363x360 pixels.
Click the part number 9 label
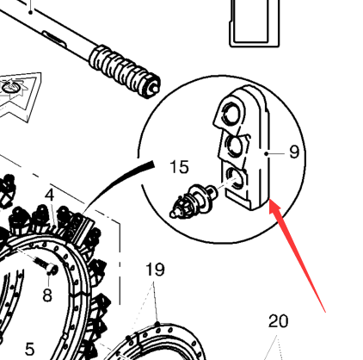(294, 152)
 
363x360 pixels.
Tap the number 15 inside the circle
(179, 167)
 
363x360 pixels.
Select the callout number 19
(155, 270)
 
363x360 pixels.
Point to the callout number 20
(278, 321)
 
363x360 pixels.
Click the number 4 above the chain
(50, 196)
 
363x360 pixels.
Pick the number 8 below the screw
(47, 295)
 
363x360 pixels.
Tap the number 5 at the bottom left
(30, 350)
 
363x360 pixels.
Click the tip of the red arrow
(269, 200)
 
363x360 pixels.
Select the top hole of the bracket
(231, 112)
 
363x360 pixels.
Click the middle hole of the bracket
(235, 146)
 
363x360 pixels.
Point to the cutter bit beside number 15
(194, 201)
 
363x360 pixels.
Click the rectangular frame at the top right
(255, 23)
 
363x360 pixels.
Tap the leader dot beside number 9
(267, 154)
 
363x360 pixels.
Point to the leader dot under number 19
(157, 324)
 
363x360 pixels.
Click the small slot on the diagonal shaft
(54, 38)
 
